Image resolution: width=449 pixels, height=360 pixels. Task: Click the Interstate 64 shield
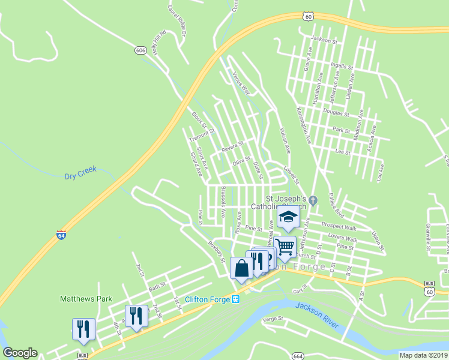coord(61,235)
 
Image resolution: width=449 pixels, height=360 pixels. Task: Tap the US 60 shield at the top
coord(308,17)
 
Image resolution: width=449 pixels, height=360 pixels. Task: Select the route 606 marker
coord(140,51)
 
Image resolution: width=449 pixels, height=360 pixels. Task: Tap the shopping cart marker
coord(285,246)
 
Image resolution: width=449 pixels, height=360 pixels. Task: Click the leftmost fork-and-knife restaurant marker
coord(83,329)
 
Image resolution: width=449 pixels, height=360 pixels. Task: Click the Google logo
coord(20,353)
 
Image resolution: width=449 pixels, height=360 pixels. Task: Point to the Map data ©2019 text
coord(423,355)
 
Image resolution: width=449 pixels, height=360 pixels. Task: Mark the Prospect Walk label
coord(339,226)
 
